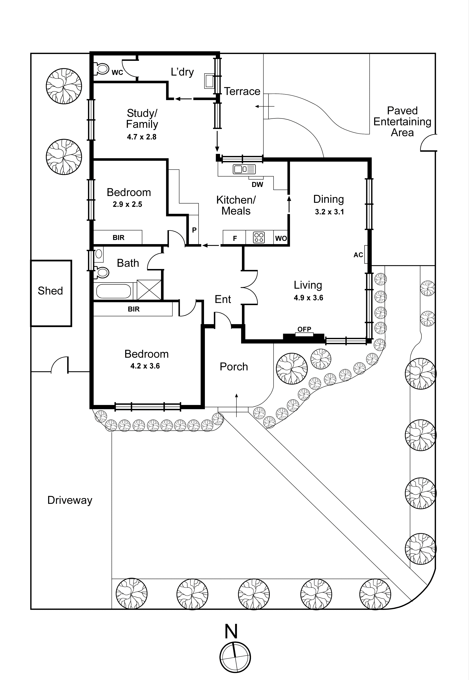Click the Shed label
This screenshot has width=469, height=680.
coord(50,291)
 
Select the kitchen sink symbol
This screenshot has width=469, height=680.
coord(244,169)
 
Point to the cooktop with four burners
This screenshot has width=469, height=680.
coord(259,237)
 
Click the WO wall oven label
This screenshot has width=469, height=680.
coord(281,238)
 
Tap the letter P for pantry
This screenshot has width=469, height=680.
coord(194,230)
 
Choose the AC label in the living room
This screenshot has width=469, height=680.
coord(358,255)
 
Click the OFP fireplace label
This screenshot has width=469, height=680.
coord(304,329)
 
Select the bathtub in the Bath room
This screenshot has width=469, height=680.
coord(114,291)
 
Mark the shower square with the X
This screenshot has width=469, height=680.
coord(149,290)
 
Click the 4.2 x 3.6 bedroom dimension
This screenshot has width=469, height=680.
coord(145,366)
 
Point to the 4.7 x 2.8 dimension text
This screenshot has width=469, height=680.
coord(142,137)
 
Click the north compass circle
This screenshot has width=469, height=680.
coord(235,657)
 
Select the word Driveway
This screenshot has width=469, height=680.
coord(70,500)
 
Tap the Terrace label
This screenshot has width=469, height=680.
coord(242,92)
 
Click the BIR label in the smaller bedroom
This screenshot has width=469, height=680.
coord(119,237)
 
